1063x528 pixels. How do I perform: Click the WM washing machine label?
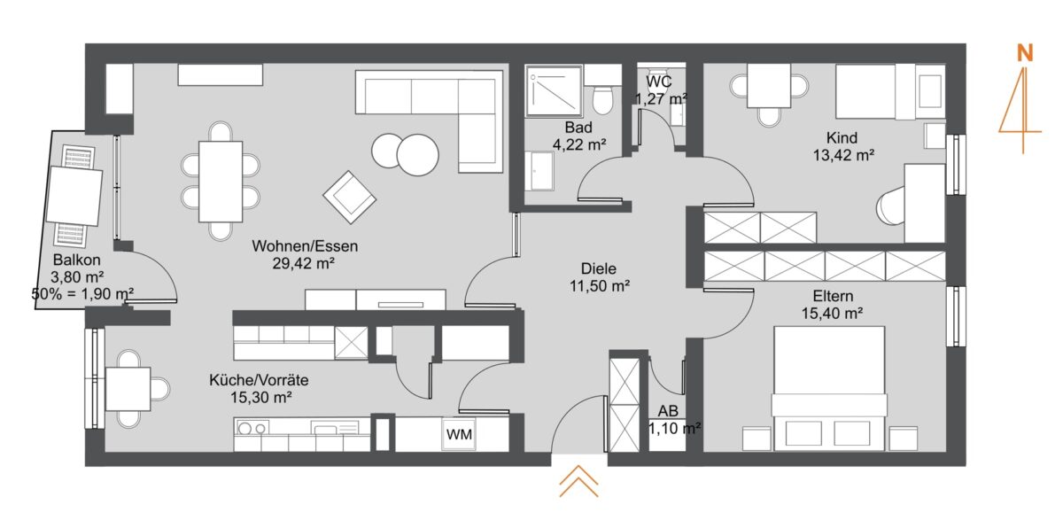coord(459,434)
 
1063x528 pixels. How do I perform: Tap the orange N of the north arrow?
coord(1025,53)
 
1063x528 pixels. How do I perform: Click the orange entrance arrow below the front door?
coord(578,481)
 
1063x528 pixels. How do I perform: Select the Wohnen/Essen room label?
coord(305,246)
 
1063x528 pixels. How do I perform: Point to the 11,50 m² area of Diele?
coord(600,286)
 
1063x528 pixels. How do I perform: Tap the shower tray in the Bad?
coord(554,91)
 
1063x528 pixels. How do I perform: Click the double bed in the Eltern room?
coord(829,388)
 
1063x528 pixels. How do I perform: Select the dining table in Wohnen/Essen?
coord(221,182)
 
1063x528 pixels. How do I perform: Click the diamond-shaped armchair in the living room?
coord(350,197)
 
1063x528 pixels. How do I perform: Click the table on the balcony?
coord(74,196)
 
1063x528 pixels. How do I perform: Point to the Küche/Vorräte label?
coord(259,380)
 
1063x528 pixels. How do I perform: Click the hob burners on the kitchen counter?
coord(252,429)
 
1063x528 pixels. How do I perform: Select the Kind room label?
coord(842,138)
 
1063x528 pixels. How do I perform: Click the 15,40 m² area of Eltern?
coord(833,313)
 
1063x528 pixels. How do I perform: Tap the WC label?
coord(659,82)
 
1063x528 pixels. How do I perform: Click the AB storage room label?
coord(668,411)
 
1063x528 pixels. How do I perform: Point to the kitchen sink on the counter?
coord(335,429)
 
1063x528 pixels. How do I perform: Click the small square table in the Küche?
coord(128,389)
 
